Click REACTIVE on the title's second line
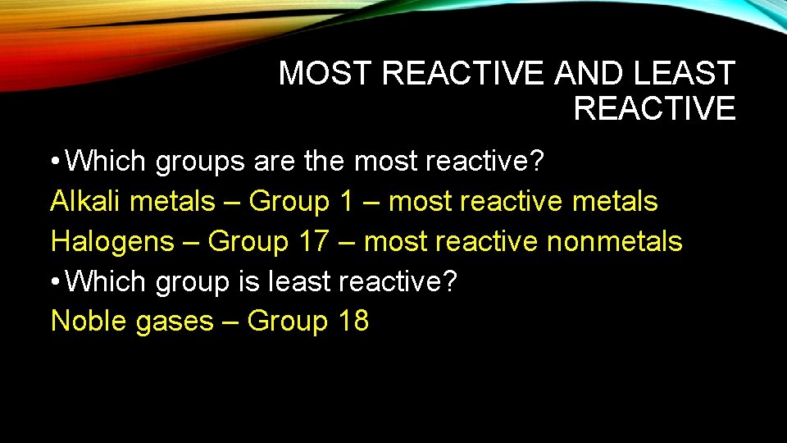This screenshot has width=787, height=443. pos(654,108)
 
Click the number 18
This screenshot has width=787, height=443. pos(353,322)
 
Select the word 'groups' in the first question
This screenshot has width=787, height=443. pos(200,162)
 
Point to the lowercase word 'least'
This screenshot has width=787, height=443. pos(299,282)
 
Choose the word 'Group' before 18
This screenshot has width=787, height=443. pos(287,322)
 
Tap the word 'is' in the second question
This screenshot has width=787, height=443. pos(248,282)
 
